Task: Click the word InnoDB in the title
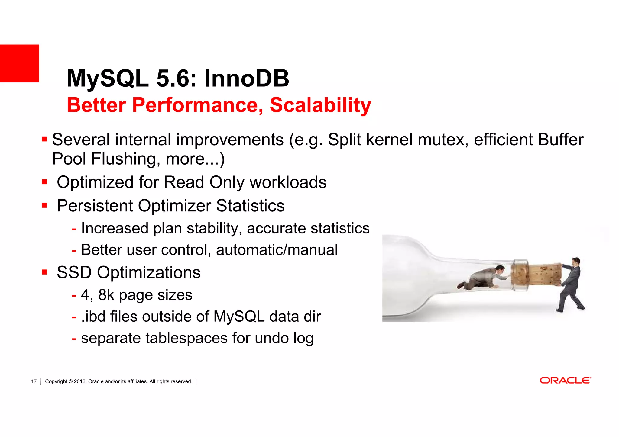[247, 79]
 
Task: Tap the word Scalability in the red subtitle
[320, 105]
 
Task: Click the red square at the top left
[19, 63]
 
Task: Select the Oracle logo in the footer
[565, 381]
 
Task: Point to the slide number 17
[34, 381]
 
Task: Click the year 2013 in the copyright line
[80, 381]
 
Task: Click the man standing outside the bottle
[571, 284]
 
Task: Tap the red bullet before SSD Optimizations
[45, 272]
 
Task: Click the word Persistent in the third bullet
[95, 206]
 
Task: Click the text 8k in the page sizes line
[106, 295]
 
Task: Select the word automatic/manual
[277, 250]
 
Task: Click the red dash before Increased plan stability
[74, 229]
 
